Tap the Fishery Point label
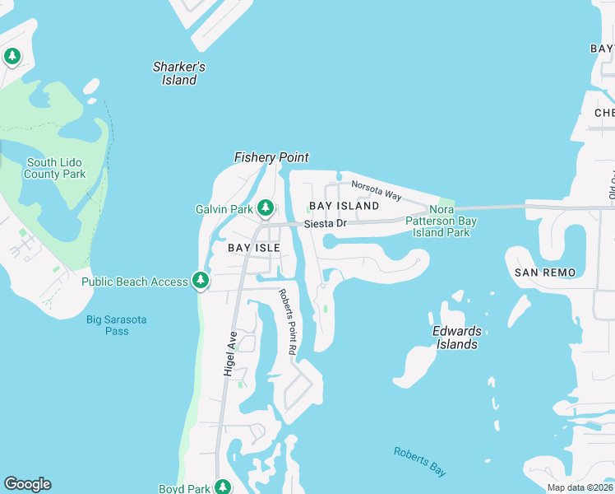271,157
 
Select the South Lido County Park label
55,169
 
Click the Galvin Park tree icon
266,209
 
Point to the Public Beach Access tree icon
200,282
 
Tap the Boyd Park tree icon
222,487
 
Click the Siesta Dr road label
326,224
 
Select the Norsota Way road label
376,190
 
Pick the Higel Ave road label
230,354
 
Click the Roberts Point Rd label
287,322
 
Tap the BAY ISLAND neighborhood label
344,205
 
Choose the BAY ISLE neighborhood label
248,247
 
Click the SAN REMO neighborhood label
544,272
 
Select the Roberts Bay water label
419,461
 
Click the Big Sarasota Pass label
118,325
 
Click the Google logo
27,484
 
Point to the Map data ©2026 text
580,487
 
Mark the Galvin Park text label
224,209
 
